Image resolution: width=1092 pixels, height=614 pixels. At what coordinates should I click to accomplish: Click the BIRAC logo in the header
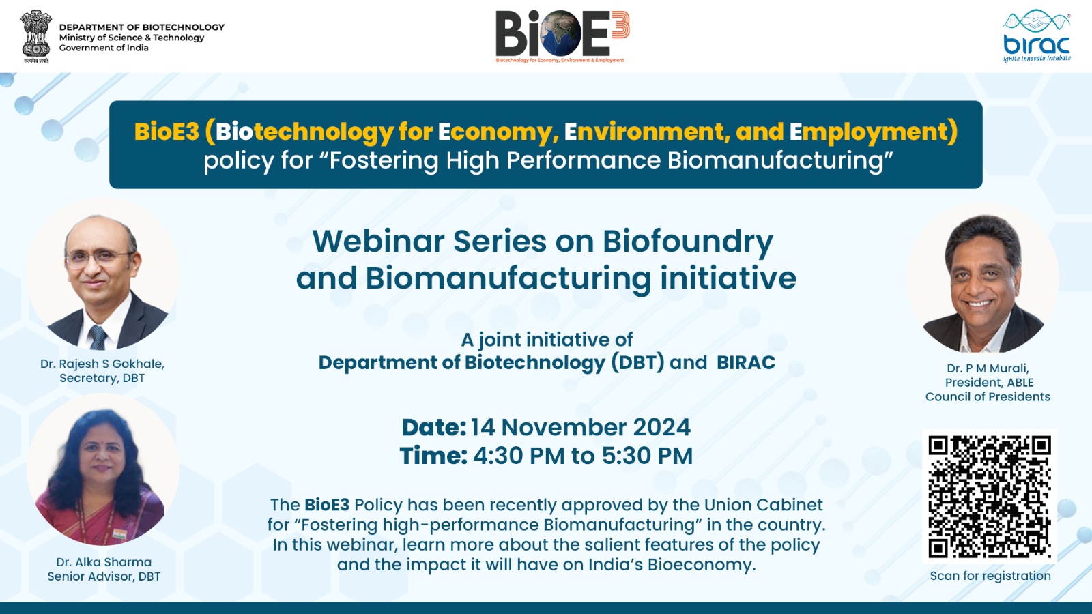(1037, 36)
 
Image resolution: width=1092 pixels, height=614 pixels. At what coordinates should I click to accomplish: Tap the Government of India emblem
(36, 36)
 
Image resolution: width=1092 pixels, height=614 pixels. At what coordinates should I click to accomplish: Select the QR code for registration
(989, 497)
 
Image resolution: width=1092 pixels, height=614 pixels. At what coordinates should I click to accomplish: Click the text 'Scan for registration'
(990, 576)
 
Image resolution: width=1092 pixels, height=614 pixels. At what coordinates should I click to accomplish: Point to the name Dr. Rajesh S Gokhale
(102, 364)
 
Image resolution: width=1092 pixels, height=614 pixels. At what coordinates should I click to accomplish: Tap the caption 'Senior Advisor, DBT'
(104, 576)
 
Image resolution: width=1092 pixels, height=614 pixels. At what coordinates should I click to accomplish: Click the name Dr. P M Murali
(988, 368)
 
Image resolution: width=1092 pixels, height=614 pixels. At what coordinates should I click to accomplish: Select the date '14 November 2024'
(580, 427)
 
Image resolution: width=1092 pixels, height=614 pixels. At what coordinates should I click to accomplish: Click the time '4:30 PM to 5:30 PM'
(583, 456)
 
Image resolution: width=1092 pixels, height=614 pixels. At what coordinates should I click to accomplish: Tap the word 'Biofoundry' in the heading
(688, 242)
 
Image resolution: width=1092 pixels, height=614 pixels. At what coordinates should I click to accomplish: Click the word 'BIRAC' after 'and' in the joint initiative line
(746, 362)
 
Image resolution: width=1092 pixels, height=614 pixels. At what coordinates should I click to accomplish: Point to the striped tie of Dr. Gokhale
(98, 337)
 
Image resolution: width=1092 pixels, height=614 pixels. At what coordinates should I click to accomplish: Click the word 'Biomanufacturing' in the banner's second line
(775, 160)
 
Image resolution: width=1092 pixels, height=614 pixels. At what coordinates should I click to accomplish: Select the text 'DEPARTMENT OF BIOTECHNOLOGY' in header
(142, 27)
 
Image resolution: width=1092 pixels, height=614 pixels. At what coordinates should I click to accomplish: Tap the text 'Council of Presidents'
(988, 396)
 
